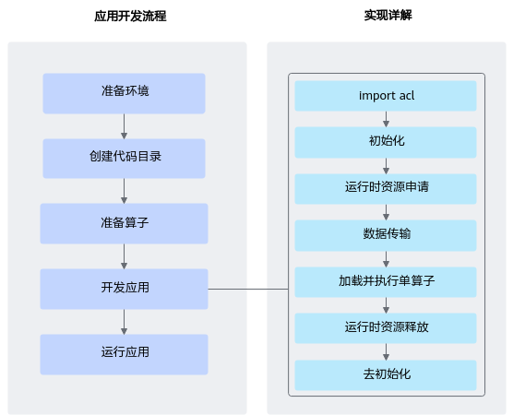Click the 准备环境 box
coord(124,93)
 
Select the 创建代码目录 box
coord(124,158)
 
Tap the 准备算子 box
coord(124,223)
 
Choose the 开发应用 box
coord(124,289)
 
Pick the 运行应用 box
coord(124,354)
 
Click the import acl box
coord(386,96)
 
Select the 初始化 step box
coord(386,143)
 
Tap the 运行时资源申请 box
coord(386,189)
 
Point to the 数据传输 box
coord(386,235)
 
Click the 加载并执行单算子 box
coord(386,281)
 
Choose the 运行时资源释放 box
coord(386,328)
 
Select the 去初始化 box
coord(386,375)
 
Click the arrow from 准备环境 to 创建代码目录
coord(124,125)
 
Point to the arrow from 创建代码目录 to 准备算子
coord(124,191)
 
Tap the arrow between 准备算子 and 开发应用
coord(124,255)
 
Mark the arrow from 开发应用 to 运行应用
coord(124,321)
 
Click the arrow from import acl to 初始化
coord(386,119)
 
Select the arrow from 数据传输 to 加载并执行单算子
coord(386,258)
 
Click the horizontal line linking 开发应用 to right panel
coord(248,289)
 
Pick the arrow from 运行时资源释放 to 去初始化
coord(386,351)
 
